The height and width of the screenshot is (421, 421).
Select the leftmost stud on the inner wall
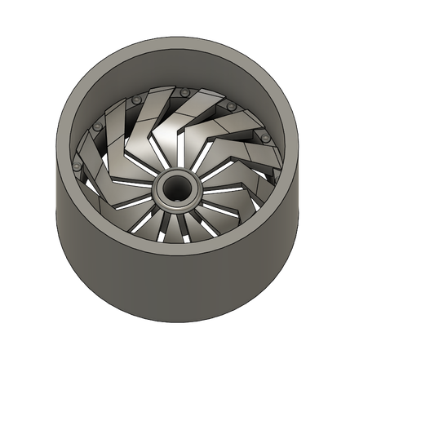pyautogui.click(x=77, y=166)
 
